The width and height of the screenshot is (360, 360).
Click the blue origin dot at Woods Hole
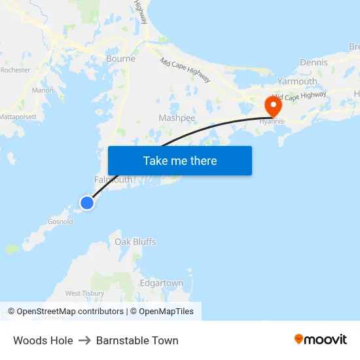click(86, 203)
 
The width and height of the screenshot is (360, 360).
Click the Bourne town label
click(120, 59)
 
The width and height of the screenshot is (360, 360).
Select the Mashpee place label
click(177, 118)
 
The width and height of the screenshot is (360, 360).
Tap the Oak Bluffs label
click(135, 242)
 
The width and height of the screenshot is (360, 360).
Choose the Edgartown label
click(162, 283)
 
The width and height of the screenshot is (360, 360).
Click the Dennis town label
click(314, 62)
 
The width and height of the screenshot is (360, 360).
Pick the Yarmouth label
click(297, 82)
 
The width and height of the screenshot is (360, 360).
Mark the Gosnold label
click(60, 221)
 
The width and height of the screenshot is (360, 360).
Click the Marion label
click(43, 90)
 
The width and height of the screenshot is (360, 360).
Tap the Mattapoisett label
click(18, 116)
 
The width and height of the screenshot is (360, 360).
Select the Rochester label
click(16, 69)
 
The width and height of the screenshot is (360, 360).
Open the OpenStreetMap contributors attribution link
click(70, 312)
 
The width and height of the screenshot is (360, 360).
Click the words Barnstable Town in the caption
click(137, 340)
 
